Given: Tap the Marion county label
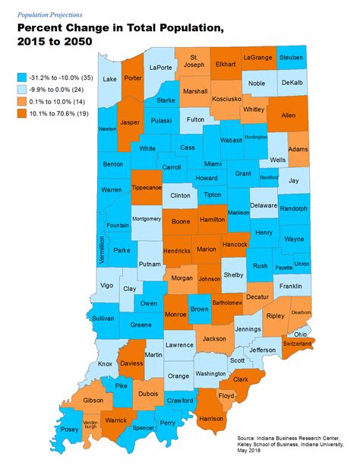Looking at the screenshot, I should click(x=206, y=249).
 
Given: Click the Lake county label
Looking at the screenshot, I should click(x=109, y=78).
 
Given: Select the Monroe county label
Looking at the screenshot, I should click(x=174, y=313).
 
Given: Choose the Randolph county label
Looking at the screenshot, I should click(x=293, y=208).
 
